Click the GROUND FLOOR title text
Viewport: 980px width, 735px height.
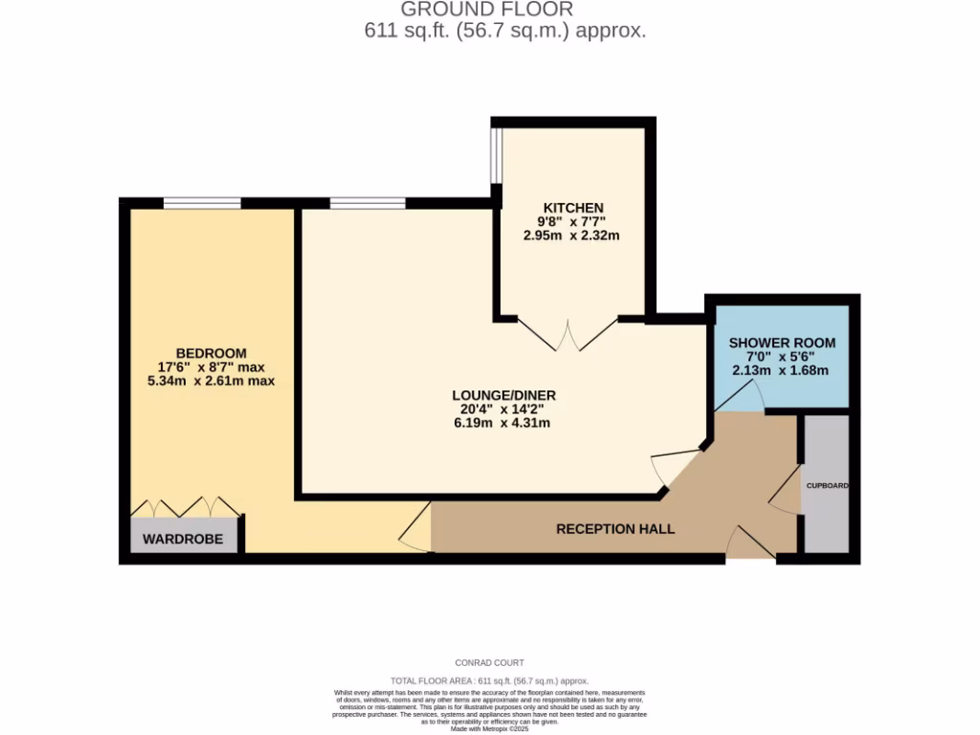[486, 10]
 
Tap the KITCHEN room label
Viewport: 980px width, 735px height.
[572, 208]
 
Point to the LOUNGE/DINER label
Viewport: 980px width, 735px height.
[504, 394]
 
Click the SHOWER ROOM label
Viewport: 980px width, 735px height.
[782, 343]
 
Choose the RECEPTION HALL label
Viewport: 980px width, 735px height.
[615, 528]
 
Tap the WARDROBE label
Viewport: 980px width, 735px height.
[183, 539]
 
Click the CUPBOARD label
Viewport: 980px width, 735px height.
[826, 486]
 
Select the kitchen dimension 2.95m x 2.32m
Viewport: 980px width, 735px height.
[572, 234]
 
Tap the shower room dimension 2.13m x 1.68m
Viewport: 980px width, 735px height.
[780, 370]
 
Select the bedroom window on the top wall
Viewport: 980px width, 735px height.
[202, 203]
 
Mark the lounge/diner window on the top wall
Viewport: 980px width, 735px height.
[367, 203]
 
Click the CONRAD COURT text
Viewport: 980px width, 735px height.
[489, 662]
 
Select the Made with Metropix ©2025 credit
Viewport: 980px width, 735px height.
[489, 728]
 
